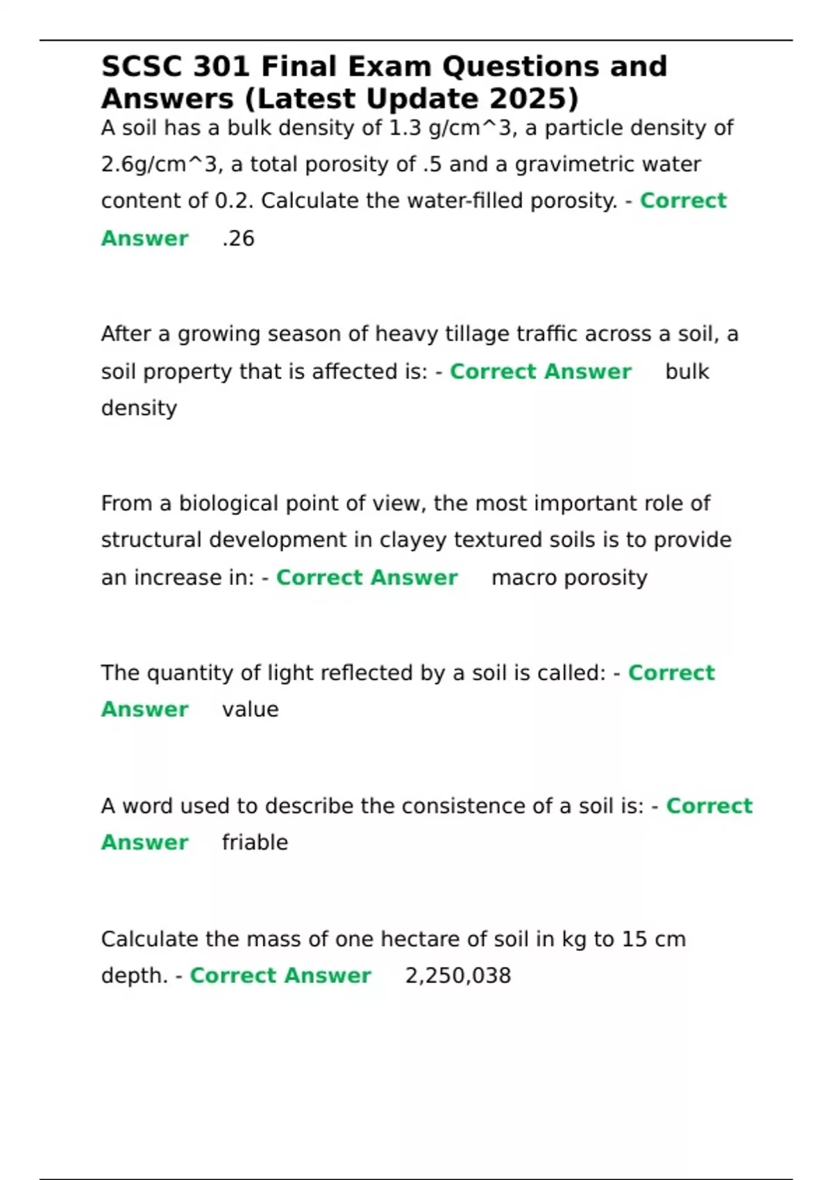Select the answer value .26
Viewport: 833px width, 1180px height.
coord(238,238)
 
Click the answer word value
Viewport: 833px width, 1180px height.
coord(250,709)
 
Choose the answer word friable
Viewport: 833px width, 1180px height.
coord(255,843)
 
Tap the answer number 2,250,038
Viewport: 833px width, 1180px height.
coord(458,976)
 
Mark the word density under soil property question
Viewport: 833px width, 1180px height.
coord(139,408)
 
